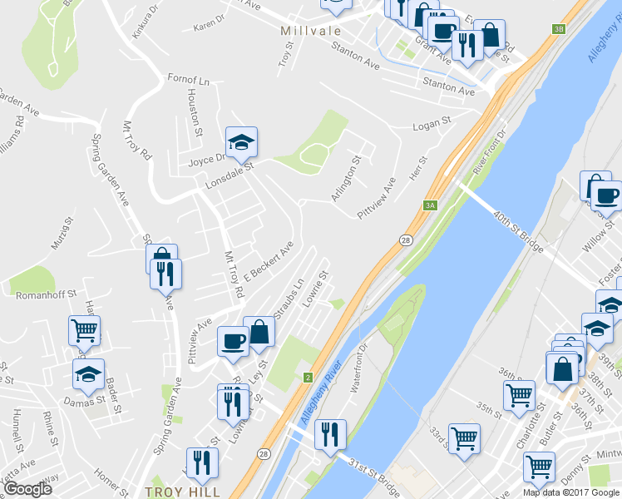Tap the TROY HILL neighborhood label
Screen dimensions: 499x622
click(182, 492)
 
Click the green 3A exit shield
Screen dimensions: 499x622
click(430, 205)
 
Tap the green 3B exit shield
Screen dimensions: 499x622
click(558, 29)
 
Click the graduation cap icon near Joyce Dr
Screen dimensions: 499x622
click(241, 142)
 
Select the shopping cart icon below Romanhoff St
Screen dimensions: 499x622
click(85, 330)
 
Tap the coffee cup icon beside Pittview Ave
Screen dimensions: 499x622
click(232, 339)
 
